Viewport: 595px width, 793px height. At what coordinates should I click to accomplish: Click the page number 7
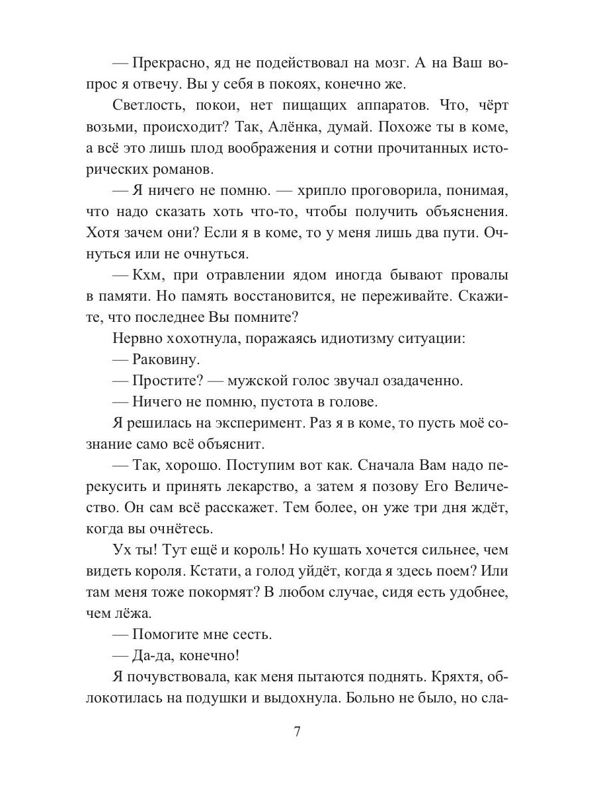pos(297,732)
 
